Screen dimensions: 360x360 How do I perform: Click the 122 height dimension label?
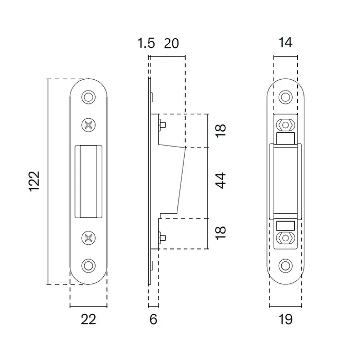tap(34, 181)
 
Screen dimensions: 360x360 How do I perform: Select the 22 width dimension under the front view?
tap(88, 319)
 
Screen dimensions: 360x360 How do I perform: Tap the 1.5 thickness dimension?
tap(147, 43)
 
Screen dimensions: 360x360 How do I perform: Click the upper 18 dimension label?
tap(221, 131)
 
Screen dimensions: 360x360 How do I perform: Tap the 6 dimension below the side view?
tap(153, 319)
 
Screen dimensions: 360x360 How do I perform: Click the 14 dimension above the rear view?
tap(285, 43)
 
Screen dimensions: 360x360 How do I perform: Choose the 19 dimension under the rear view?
tap(285, 319)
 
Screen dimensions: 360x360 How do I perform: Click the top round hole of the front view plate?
tap(89, 97)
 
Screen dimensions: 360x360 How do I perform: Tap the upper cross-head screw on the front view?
tap(89, 124)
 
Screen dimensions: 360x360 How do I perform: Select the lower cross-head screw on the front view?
tap(89, 238)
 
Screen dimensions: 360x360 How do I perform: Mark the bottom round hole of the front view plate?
tap(89, 265)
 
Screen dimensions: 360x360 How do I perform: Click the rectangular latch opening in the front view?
tap(89, 181)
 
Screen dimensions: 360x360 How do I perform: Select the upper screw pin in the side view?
tap(161, 125)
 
